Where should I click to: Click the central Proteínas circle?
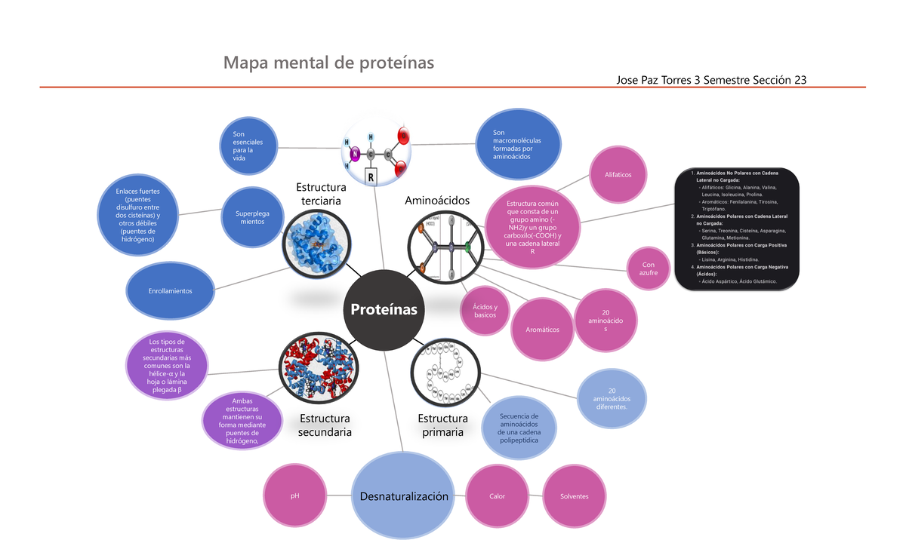point(383,310)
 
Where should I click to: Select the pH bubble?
point(294,496)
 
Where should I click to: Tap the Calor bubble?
point(497,496)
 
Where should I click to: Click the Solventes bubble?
point(574,496)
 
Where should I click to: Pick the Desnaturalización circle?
point(403,496)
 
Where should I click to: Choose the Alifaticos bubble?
point(618,175)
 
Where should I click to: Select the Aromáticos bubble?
point(541,330)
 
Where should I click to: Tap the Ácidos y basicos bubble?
point(485,311)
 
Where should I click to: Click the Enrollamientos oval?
point(170,290)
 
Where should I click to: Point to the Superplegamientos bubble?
point(252,217)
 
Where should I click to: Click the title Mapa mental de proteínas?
point(328,63)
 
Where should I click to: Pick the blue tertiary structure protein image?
point(317,240)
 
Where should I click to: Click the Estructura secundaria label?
point(325,425)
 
